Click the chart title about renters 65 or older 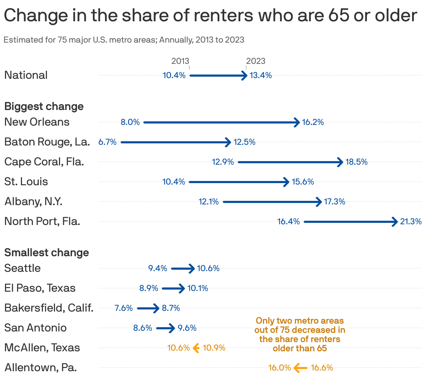point(210,15)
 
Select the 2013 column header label point(180,61)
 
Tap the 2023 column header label point(256,61)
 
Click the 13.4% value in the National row point(261,75)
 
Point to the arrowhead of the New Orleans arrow point(297,122)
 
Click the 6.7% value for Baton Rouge point(108,142)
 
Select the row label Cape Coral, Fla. point(44,162)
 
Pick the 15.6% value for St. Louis point(303,182)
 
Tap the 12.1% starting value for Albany point(209,202)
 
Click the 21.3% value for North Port point(411,221)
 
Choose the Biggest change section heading point(44,106)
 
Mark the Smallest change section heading point(46,253)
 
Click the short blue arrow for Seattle point(183,269)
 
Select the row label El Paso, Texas point(40,288)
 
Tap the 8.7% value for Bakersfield point(171,308)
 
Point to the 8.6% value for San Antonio point(143,328)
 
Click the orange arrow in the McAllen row point(196,348)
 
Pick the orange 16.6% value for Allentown point(322,368)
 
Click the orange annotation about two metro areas point(300,334)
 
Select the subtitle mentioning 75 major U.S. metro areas point(124,40)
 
